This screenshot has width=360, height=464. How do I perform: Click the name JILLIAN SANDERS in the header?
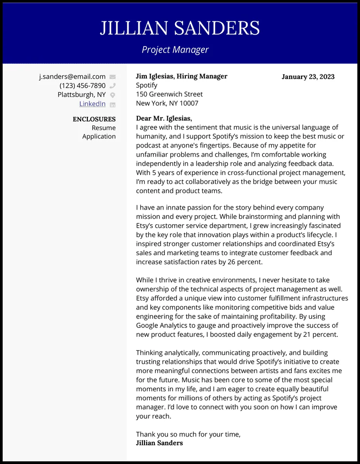tap(180, 28)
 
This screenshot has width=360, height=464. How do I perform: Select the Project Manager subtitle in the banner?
tap(175, 50)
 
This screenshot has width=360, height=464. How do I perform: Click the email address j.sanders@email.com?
tap(72, 77)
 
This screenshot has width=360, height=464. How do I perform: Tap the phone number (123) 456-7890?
tap(82, 86)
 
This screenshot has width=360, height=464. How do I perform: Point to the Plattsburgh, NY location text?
tap(82, 94)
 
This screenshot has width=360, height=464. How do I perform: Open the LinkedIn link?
tap(92, 104)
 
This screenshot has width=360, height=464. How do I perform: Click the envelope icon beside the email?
tap(113, 77)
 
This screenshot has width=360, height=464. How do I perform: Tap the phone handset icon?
tap(113, 86)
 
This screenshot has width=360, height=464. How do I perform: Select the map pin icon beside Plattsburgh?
tap(113, 95)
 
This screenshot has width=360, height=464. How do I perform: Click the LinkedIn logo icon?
tap(113, 104)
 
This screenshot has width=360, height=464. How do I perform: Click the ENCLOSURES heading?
tap(94, 119)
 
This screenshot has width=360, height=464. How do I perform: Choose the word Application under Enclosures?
tap(99, 136)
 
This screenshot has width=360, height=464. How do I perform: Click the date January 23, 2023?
tap(308, 77)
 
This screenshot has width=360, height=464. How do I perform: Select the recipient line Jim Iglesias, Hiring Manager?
tap(181, 76)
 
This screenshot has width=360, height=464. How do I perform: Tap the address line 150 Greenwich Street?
tap(169, 94)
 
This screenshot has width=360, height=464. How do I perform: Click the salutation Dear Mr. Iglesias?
tap(164, 118)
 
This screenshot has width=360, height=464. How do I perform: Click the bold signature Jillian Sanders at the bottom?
tap(159, 443)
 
